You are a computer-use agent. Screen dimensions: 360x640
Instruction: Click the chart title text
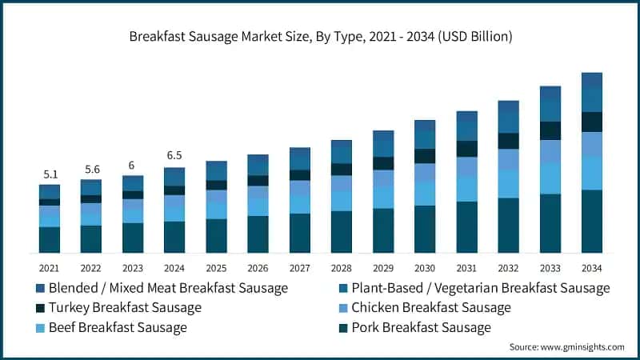320,37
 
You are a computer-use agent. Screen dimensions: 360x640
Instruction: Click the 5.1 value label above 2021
49,174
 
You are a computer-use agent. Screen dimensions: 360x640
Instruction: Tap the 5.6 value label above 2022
90,169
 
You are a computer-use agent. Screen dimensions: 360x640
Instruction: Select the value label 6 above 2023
132,165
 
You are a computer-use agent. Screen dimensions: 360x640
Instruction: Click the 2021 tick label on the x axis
49,268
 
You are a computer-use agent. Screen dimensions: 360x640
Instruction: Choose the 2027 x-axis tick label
299,268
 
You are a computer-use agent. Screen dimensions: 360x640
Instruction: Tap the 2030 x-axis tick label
425,268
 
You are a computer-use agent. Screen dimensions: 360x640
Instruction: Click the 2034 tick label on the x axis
592,268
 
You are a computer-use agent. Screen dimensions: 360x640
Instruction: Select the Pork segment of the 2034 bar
592,222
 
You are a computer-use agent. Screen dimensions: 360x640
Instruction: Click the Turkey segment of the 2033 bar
550,130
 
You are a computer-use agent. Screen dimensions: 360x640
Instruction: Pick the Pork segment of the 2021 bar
49,240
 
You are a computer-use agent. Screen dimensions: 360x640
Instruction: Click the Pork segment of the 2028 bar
342,232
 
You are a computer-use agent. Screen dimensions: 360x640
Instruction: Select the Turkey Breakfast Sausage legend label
125,308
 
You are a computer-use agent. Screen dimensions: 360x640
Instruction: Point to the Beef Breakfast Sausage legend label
118,328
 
